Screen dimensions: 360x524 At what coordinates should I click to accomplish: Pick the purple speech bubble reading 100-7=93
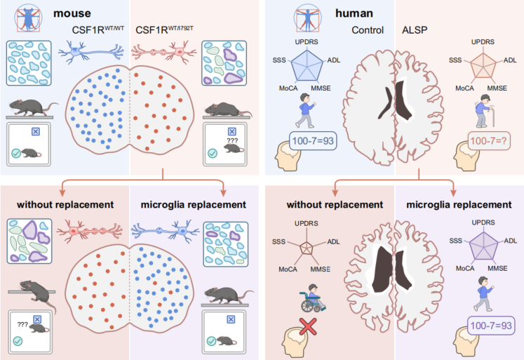pos(490,326)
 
